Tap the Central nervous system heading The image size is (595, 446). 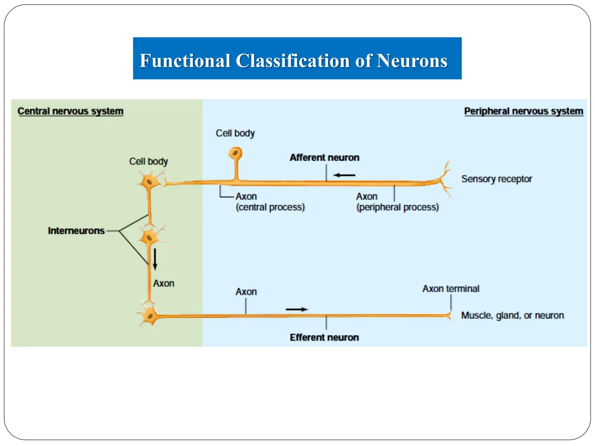pos(70,111)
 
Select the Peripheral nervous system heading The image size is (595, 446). pos(524,111)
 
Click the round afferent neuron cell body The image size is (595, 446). pos(235,153)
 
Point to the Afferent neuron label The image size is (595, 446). pos(325,157)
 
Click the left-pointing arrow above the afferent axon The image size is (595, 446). pos(344,175)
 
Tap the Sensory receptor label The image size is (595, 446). pos(497,179)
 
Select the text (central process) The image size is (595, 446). pos(270,207)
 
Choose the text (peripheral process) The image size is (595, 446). pos(397,207)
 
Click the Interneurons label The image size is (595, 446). pos(76,231)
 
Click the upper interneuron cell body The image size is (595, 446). pos(149,182)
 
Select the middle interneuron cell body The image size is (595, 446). pos(150,238)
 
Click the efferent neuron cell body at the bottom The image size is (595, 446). pos(150,316)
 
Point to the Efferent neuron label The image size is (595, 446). pos(324,337)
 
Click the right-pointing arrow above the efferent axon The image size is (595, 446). pos(297,309)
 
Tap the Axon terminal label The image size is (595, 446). pos(451,289)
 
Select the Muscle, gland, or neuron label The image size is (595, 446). pos(512,315)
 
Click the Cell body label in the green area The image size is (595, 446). pos(148,161)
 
